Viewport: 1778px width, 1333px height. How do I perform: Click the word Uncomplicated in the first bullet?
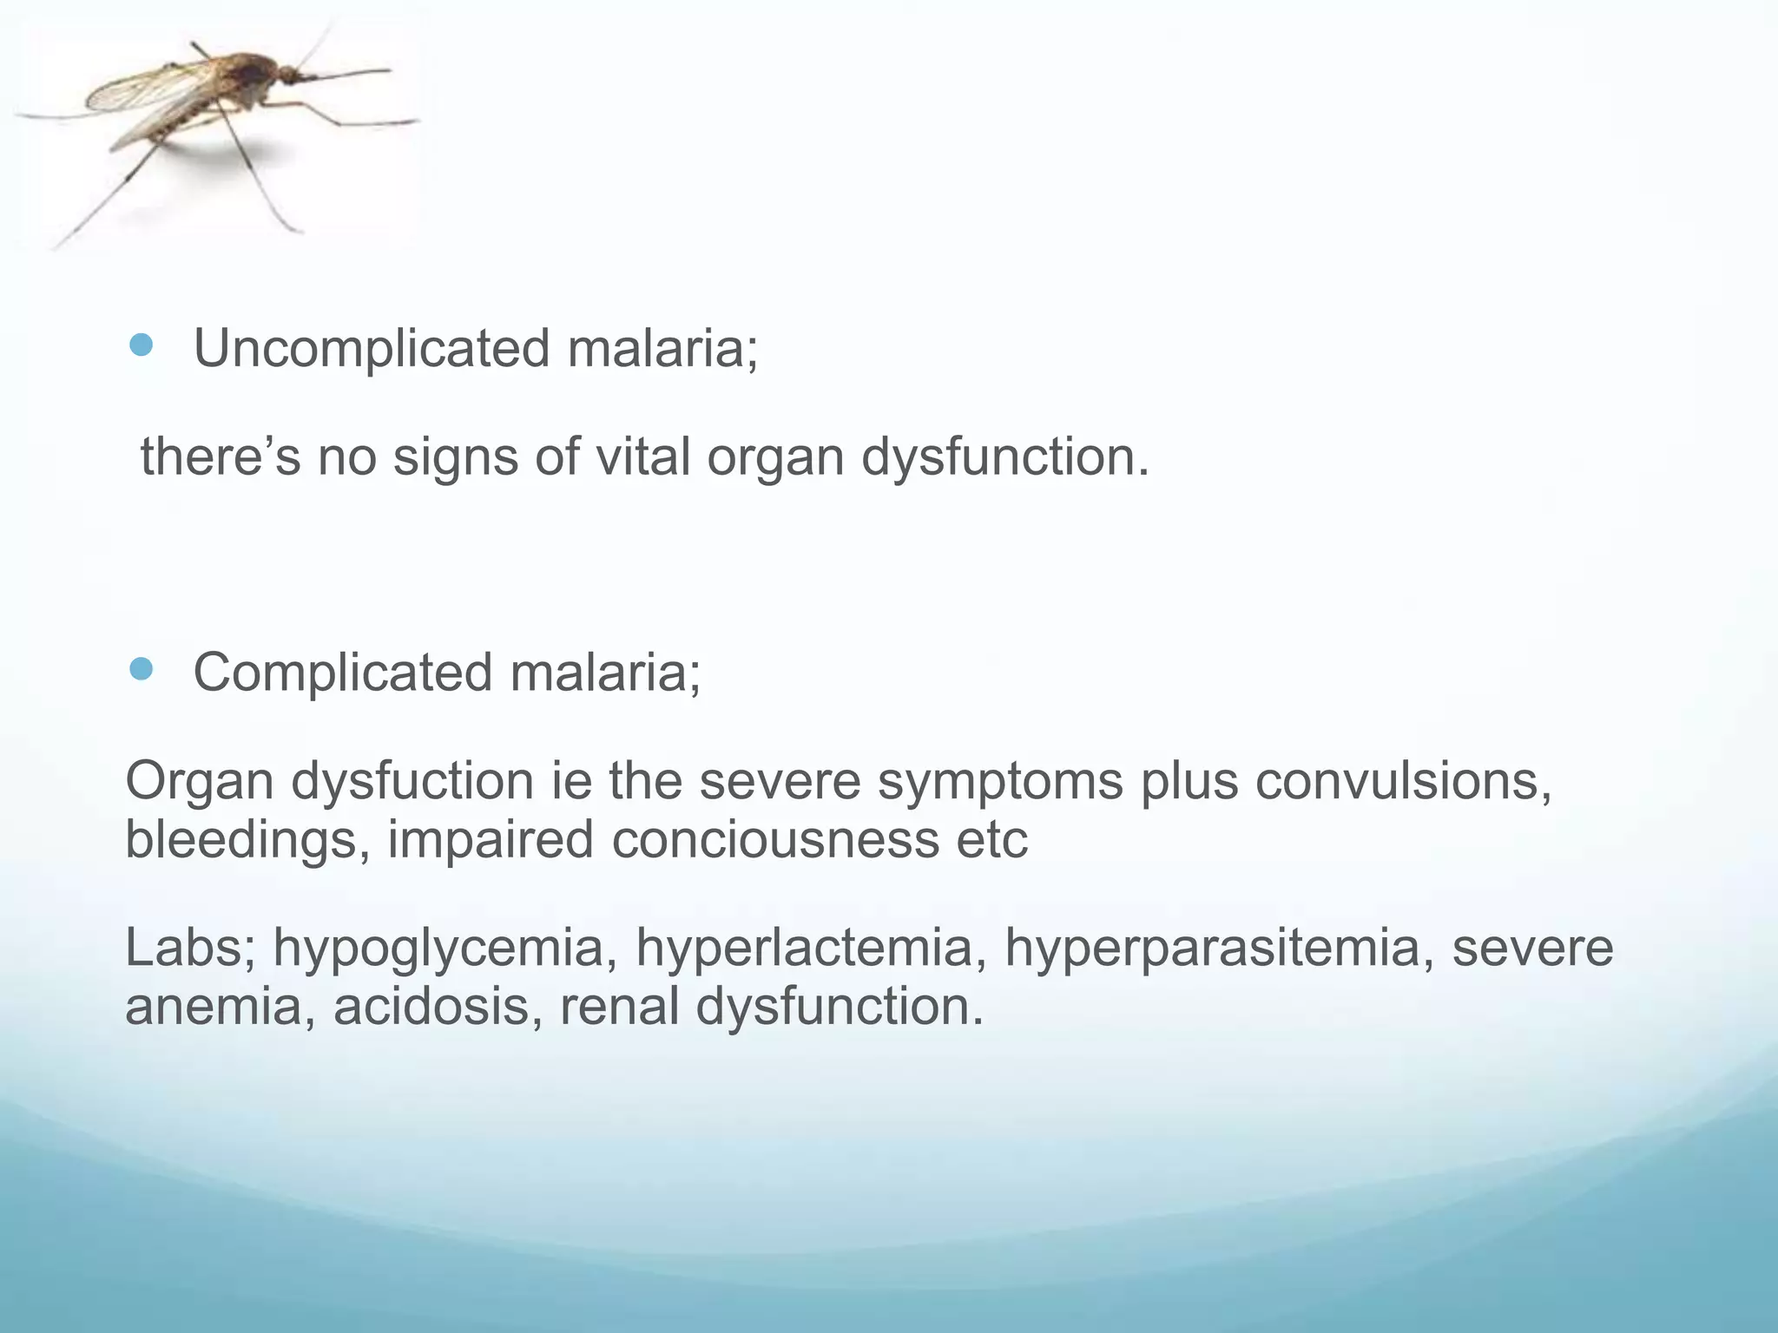pyautogui.click(x=372, y=349)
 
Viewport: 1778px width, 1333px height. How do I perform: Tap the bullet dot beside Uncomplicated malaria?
pyautogui.click(x=140, y=346)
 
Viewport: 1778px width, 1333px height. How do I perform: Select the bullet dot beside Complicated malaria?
pyautogui.click(x=140, y=669)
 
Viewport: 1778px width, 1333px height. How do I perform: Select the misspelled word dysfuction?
pyautogui.click(x=412, y=781)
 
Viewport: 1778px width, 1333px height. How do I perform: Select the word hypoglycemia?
pyautogui.click(x=438, y=949)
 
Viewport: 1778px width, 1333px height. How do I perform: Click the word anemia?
pyautogui.click(x=221, y=1007)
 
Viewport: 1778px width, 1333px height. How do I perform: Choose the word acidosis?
pyautogui.click(x=431, y=1007)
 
